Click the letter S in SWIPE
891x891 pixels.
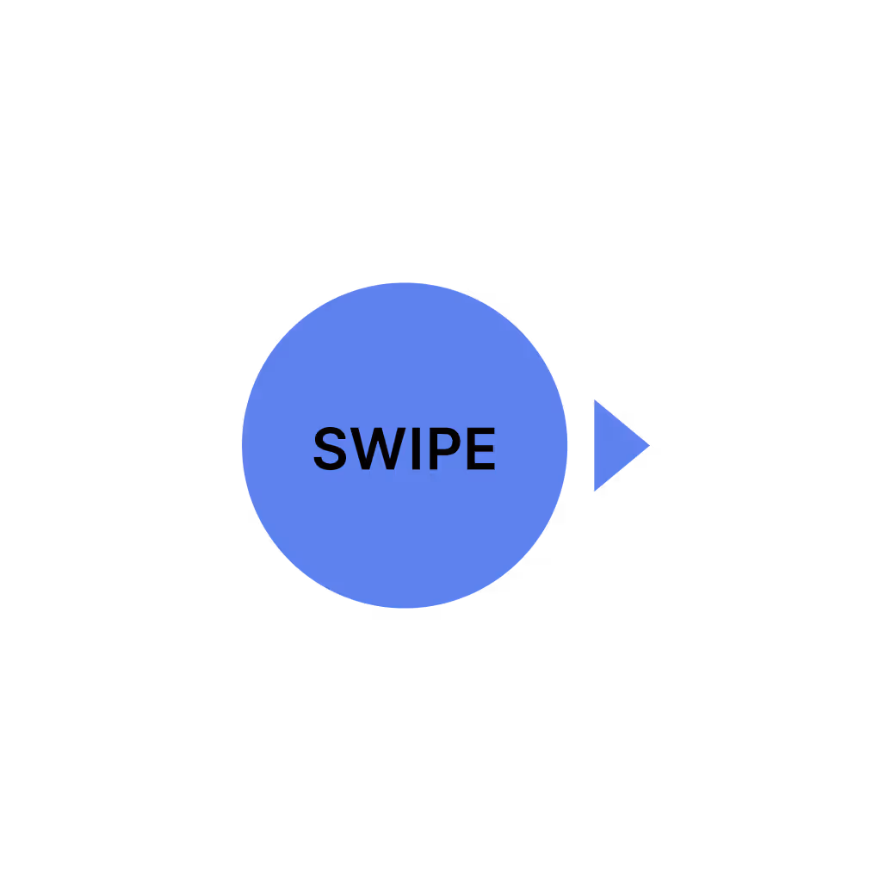[x=330, y=449]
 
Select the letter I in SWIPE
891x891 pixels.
[x=415, y=449]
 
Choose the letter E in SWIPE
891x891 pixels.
[x=480, y=449]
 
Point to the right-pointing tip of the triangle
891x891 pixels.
[x=648, y=445]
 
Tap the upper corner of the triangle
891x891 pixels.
[x=596, y=401]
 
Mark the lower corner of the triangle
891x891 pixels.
[x=596, y=489]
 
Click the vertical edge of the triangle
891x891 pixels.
[x=595, y=445]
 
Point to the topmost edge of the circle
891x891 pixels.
[x=405, y=284]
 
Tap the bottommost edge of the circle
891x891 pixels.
[x=405, y=607]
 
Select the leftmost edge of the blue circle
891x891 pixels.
[x=244, y=445]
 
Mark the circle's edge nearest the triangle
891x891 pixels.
[x=566, y=445]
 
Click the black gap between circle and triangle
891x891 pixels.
[x=581, y=445]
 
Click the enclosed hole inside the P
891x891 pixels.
[x=446, y=441]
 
